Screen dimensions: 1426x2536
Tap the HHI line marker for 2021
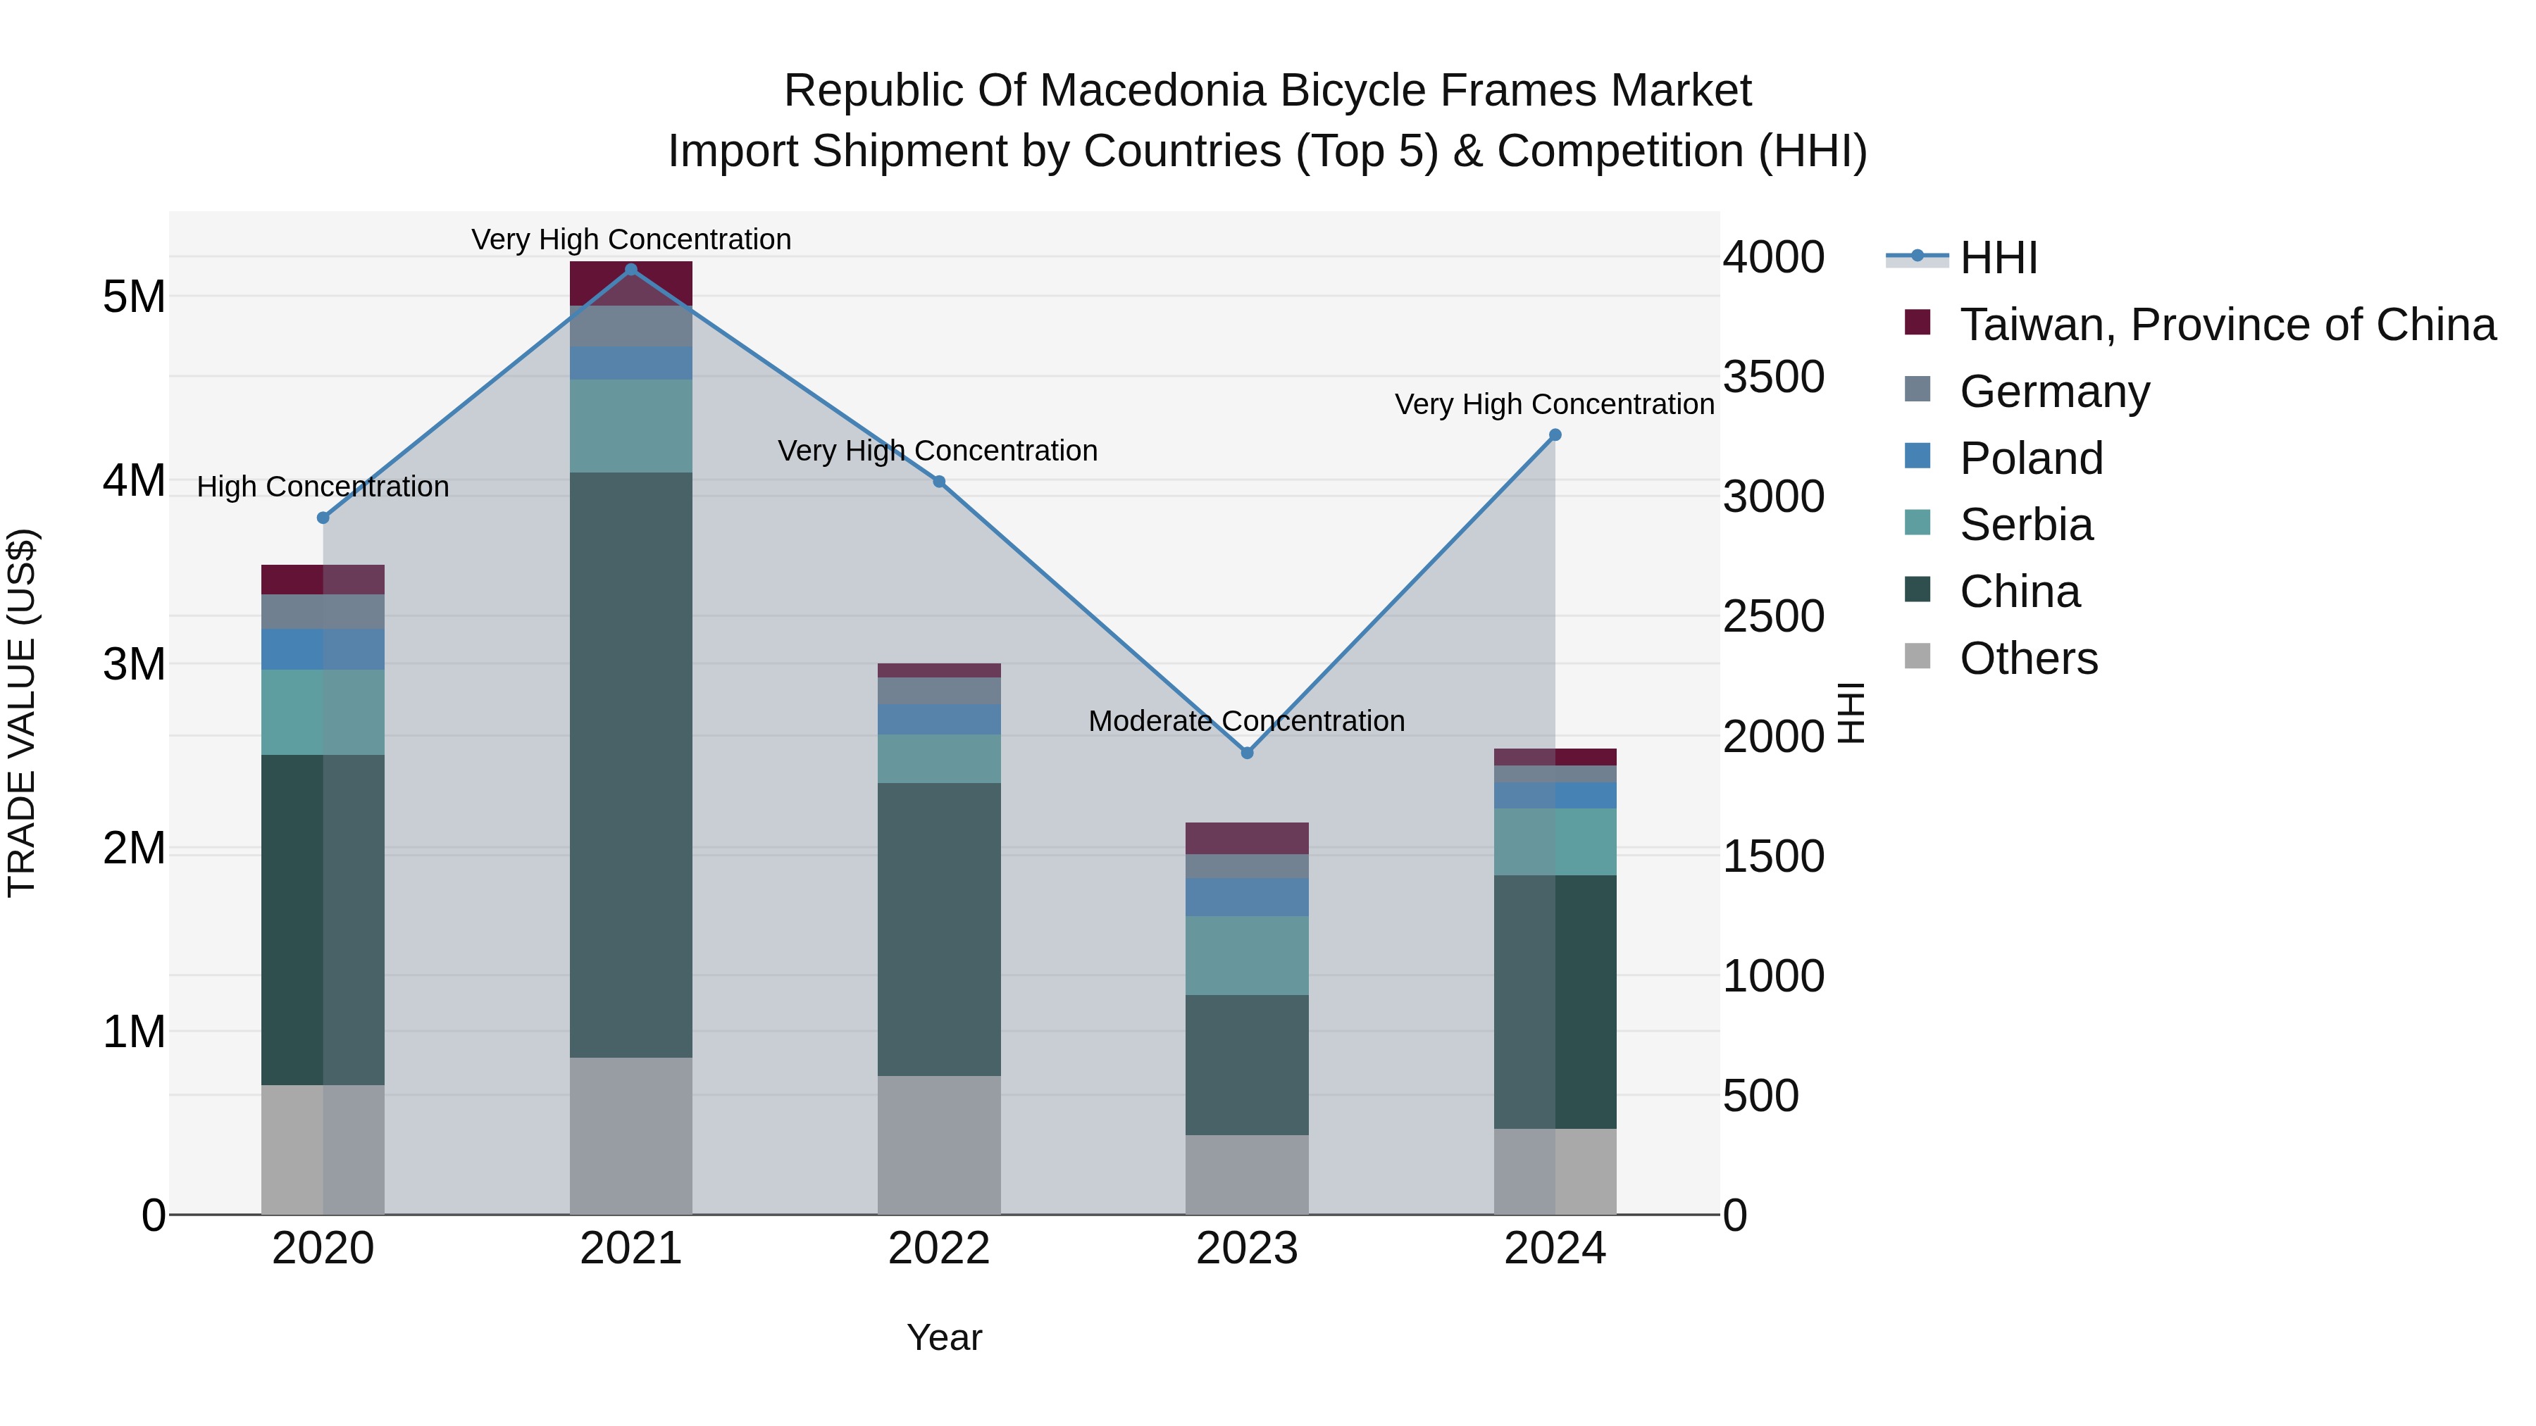point(631,270)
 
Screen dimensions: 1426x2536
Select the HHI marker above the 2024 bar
point(1555,435)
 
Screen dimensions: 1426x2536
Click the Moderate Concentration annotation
point(1246,721)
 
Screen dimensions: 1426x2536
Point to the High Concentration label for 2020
point(323,487)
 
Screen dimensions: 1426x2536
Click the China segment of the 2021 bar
point(631,765)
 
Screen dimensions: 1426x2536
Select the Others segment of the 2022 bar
point(938,1144)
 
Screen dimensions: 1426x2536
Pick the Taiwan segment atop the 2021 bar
point(631,283)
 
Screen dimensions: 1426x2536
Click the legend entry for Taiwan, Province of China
point(2227,325)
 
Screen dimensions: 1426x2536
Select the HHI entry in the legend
point(1998,258)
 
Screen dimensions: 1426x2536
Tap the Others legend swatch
point(1917,656)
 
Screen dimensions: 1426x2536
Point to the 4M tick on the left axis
point(134,480)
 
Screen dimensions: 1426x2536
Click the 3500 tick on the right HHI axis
point(1773,377)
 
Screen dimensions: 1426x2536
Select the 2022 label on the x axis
point(938,1249)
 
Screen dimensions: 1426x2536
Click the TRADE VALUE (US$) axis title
point(23,713)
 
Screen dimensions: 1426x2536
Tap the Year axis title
point(943,1337)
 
